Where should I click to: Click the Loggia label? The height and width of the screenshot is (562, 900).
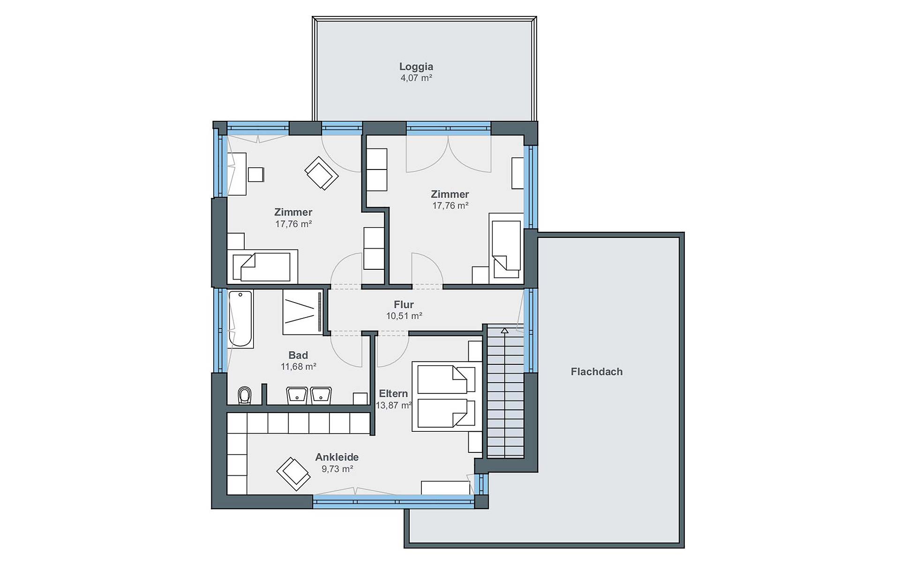(x=416, y=67)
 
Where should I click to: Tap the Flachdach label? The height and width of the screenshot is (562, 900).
(x=597, y=372)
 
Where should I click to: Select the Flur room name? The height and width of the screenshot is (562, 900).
(x=404, y=304)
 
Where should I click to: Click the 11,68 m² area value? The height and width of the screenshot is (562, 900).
(x=298, y=367)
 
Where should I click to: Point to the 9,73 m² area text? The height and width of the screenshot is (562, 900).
(x=337, y=469)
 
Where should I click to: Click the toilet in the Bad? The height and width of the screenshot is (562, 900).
(x=244, y=395)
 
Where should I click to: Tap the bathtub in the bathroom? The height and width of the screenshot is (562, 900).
(x=240, y=319)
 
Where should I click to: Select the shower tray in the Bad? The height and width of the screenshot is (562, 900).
(x=302, y=312)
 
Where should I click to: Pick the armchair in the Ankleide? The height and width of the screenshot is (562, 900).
(x=293, y=473)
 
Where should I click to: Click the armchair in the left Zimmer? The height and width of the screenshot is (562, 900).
(x=321, y=173)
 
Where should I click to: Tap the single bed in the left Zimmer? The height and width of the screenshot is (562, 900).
(x=262, y=266)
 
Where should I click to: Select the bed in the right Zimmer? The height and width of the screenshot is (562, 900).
(x=506, y=248)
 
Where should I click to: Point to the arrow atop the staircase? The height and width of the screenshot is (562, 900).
(x=504, y=331)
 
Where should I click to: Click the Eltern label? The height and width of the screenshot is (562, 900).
(x=393, y=394)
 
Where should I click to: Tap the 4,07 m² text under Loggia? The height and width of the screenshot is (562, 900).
(x=416, y=78)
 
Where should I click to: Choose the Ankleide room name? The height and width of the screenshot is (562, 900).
(x=337, y=457)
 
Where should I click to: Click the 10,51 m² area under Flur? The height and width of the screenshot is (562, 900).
(x=404, y=316)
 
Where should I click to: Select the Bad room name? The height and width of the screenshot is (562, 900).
(x=298, y=355)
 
